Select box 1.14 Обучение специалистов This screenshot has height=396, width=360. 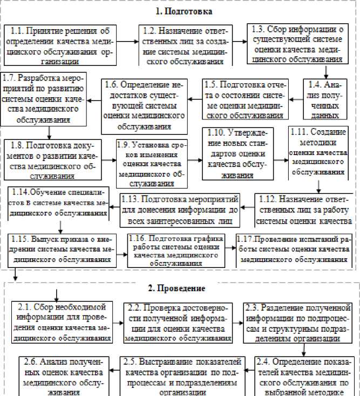(x=57, y=202)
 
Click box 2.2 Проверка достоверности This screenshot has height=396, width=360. (x=178, y=323)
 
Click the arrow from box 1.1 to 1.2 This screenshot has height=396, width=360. (x=127, y=41)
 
